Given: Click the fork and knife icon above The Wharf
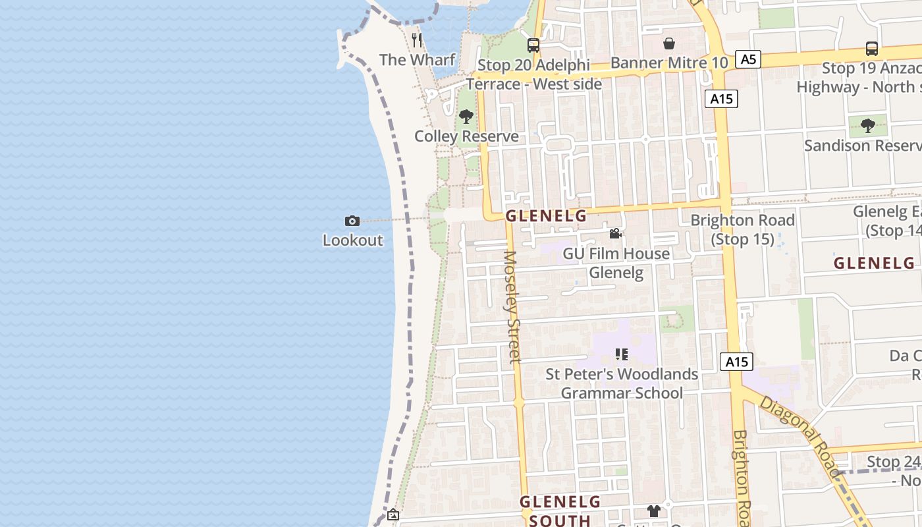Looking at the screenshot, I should click(417, 40).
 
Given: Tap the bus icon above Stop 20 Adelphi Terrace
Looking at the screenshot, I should click(533, 45).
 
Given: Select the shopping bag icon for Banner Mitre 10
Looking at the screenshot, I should click(669, 43).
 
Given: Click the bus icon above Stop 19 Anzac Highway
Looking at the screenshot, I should click(871, 48).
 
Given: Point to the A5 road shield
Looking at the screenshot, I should click(748, 59).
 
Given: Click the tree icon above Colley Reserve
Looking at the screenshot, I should click(466, 117).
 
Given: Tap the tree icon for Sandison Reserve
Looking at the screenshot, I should click(868, 125).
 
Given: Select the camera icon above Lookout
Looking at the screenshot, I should click(352, 221).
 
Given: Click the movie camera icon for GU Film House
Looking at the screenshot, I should click(615, 234).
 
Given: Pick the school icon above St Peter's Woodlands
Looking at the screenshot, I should click(621, 354).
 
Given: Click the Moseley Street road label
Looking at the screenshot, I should click(512, 306).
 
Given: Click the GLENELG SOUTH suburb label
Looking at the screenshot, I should click(560, 511).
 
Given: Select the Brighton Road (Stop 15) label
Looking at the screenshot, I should click(743, 229).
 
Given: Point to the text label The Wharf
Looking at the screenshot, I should click(417, 60).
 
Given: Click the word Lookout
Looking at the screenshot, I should click(352, 240).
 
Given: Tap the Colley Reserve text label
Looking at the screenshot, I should click(466, 136).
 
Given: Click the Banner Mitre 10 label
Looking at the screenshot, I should click(669, 63).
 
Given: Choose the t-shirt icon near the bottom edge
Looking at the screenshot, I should click(653, 511).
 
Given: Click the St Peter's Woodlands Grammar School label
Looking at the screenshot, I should click(622, 383).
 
